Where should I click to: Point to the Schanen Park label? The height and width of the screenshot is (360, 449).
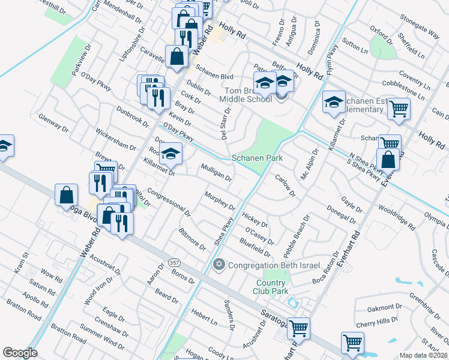257,158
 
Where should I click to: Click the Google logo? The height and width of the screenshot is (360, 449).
20,352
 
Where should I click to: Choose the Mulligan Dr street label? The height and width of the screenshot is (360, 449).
217,173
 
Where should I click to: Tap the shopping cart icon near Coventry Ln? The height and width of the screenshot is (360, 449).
399,109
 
